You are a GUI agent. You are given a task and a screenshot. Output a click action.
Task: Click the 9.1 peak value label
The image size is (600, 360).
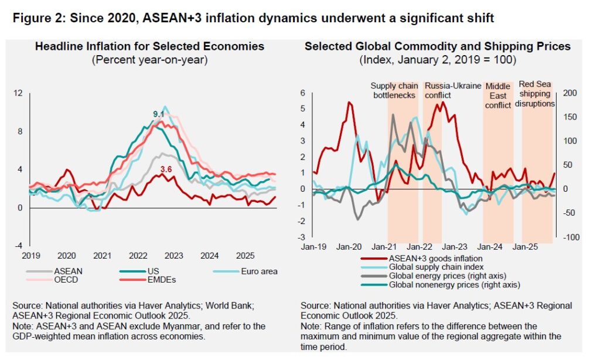point(158,114)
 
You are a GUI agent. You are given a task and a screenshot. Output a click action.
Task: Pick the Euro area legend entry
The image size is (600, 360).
point(258,271)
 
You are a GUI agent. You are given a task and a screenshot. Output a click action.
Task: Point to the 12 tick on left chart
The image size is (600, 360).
point(18,93)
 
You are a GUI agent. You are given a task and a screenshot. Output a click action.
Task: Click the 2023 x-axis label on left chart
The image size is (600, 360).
point(174,256)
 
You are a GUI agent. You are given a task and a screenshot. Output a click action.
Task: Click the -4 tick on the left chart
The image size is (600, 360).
point(18,246)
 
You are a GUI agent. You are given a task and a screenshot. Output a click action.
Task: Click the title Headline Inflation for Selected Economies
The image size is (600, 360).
point(149,46)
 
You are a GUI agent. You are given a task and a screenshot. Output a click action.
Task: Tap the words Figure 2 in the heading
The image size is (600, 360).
point(36,18)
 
